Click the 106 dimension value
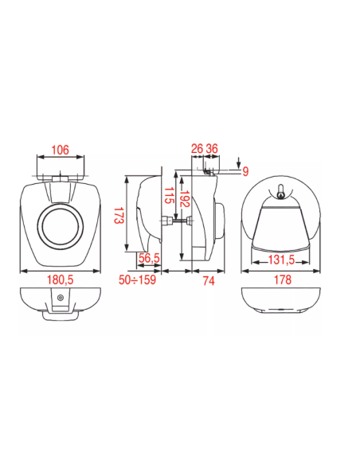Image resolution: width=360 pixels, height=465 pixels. click(60, 150)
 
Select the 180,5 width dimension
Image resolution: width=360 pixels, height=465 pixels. click(61, 279)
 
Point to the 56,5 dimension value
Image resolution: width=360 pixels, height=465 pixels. click(149, 258)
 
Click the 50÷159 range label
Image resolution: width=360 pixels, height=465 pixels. click(137, 279)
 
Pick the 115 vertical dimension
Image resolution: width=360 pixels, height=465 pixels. click(169, 195)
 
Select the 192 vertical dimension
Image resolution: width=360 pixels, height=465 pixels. click(185, 199)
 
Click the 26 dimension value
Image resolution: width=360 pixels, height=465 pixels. click(197, 148)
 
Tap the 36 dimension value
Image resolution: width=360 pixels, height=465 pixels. click(212, 148)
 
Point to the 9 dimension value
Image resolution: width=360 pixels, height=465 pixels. click(245, 171)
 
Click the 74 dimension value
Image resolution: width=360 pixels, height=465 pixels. click(209, 281)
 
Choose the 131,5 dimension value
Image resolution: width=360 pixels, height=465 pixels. click(281, 260)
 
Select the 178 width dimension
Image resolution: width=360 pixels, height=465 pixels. click(283, 279)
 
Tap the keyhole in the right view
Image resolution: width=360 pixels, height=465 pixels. click(280, 192)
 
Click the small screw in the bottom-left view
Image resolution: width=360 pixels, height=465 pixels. click(61, 298)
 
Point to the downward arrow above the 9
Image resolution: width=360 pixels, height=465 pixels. click(239, 163)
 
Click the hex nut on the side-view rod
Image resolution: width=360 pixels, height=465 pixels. click(166, 221)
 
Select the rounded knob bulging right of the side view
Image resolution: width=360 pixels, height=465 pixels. click(221, 221)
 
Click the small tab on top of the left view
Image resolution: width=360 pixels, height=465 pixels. click(61, 179)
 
